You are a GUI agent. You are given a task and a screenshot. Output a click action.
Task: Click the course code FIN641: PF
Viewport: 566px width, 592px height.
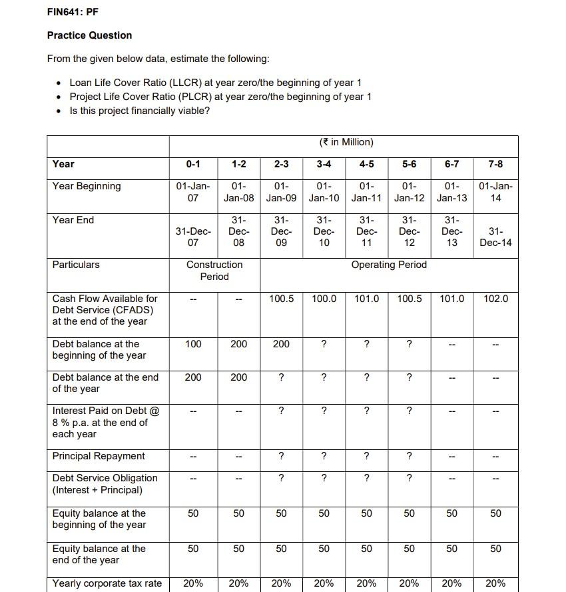(x=73, y=12)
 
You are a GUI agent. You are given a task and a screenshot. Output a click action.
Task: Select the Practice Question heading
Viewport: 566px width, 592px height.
(x=89, y=35)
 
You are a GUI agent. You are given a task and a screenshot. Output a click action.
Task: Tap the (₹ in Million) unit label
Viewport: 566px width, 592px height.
(x=346, y=142)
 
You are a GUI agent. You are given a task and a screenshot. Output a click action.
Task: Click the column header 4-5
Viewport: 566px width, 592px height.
(x=366, y=164)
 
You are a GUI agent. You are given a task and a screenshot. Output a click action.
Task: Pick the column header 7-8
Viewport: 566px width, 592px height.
(x=495, y=164)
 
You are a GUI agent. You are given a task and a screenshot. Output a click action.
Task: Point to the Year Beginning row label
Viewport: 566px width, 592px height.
(x=87, y=186)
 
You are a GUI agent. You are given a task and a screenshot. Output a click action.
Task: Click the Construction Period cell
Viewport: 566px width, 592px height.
(x=214, y=271)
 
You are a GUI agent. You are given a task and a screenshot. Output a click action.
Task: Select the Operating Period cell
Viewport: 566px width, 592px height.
(x=389, y=265)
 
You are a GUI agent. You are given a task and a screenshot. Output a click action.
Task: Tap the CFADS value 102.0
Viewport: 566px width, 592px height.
(x=495, y=299)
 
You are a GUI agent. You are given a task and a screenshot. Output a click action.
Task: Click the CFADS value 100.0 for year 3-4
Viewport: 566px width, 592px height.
(x=324, y=299)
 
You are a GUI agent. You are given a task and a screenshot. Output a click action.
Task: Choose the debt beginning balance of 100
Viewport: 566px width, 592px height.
(x=193, y=344)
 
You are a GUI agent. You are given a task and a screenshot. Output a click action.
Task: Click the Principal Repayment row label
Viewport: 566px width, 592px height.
(x=99, y=456)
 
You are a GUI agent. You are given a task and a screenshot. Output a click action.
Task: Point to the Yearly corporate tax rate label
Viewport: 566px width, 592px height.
(x=107, y=583)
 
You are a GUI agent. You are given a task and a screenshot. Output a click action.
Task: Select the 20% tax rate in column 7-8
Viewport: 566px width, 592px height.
(x=495, y=583)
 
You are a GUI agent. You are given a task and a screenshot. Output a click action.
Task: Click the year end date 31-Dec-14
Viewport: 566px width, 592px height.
(x=495, y=237)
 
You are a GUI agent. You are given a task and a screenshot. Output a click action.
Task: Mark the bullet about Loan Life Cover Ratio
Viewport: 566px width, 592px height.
(x=215, y=83)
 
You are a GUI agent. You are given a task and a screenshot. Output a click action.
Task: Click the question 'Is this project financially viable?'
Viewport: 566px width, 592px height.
(x=139, y=111)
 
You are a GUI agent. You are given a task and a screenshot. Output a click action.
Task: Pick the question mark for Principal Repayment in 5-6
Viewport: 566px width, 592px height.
(x=409, y=456)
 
